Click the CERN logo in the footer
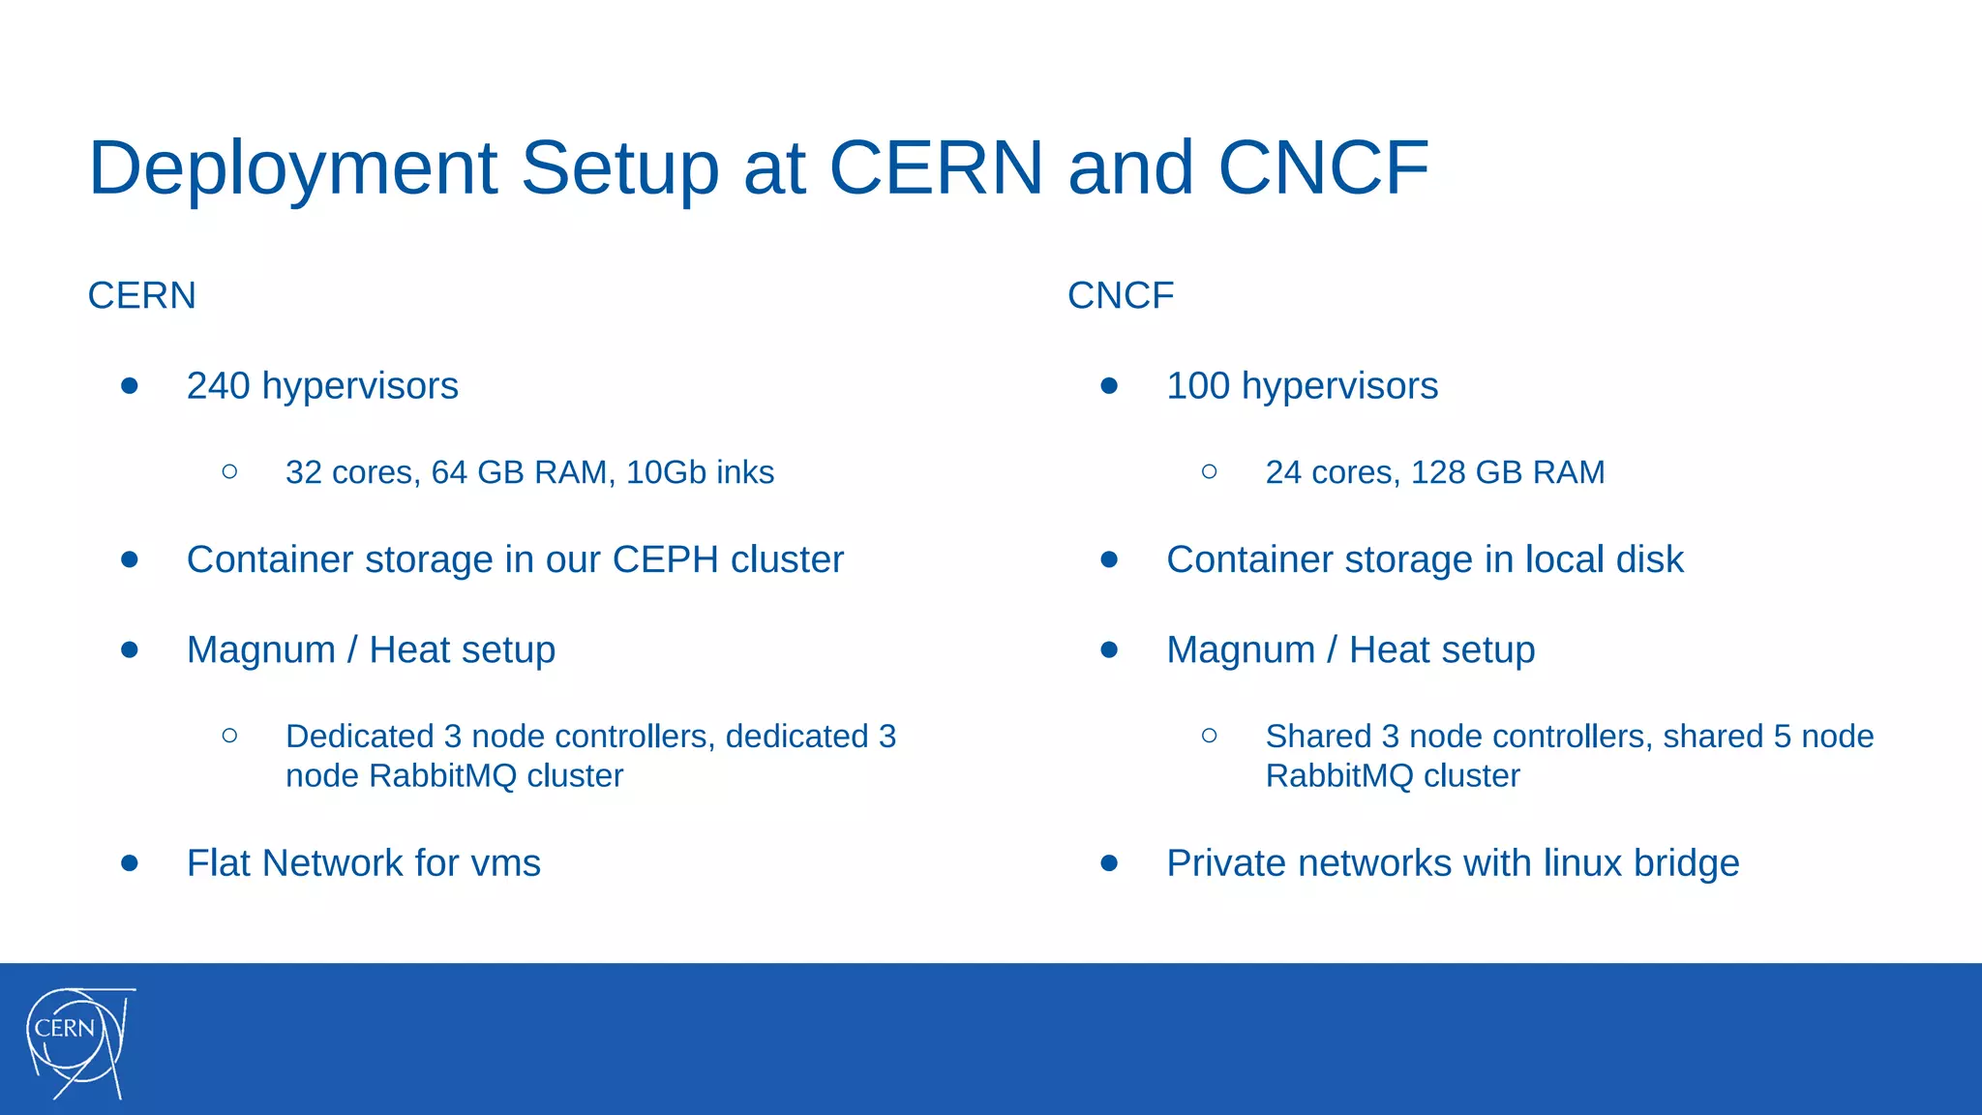pos(77,1041)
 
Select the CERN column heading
pos(141,295)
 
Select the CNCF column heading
pos(1120,295)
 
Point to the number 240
pos(219,385)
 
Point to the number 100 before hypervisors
pos(1198,385)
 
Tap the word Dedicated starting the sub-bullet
pos(359,737)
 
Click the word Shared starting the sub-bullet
pos(1318,737)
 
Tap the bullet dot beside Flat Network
pos(130,862)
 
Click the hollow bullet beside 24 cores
pos(1209,471)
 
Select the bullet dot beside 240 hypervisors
pos(130,385)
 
